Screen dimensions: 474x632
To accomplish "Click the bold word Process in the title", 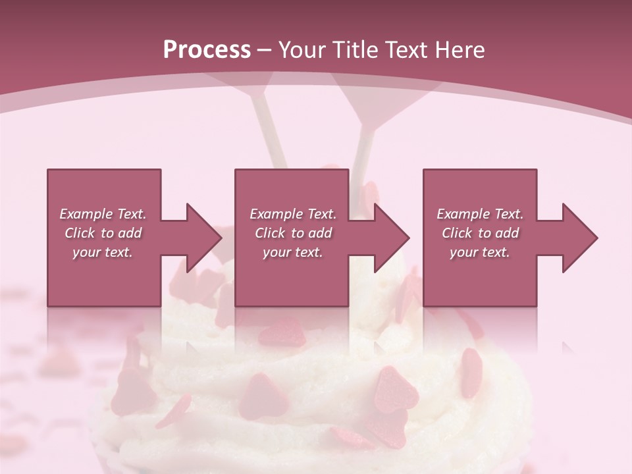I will click(207, 50).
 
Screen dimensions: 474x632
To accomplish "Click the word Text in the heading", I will click(407, 50).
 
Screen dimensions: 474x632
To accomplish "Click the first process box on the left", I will click(104, 276).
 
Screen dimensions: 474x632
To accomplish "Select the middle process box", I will click(292, 276).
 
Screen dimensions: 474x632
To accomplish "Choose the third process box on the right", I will click(479, 276).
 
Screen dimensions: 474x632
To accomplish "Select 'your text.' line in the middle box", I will click(292, 252).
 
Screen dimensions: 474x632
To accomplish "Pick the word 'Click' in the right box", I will click(457, 233).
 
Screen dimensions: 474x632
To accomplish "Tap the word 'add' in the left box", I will click(130, 233).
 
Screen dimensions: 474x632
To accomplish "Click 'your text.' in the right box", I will click(479, 252).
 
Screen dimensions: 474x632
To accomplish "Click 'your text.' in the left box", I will click(103, 252).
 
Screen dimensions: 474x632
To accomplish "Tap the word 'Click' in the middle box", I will click(270, 233).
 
